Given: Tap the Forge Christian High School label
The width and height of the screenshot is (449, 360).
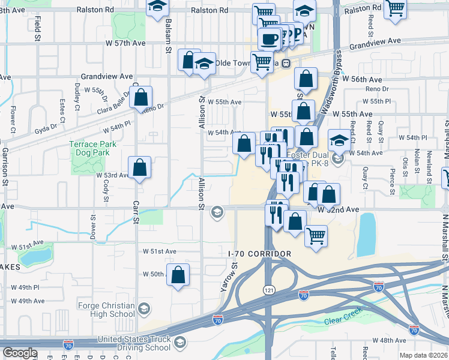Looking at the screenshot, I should point(112,309).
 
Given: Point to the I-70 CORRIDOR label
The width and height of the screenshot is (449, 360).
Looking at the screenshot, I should point(260,254).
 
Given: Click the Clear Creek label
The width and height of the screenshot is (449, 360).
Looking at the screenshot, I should point(341,321).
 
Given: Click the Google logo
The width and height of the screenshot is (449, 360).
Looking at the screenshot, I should point(20,353).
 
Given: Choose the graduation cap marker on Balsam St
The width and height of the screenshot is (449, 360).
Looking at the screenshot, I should point(157,8).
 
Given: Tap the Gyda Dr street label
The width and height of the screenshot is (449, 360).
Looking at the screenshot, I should point(45,127).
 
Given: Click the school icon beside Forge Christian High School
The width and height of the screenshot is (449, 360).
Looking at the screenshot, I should point(143,309).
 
